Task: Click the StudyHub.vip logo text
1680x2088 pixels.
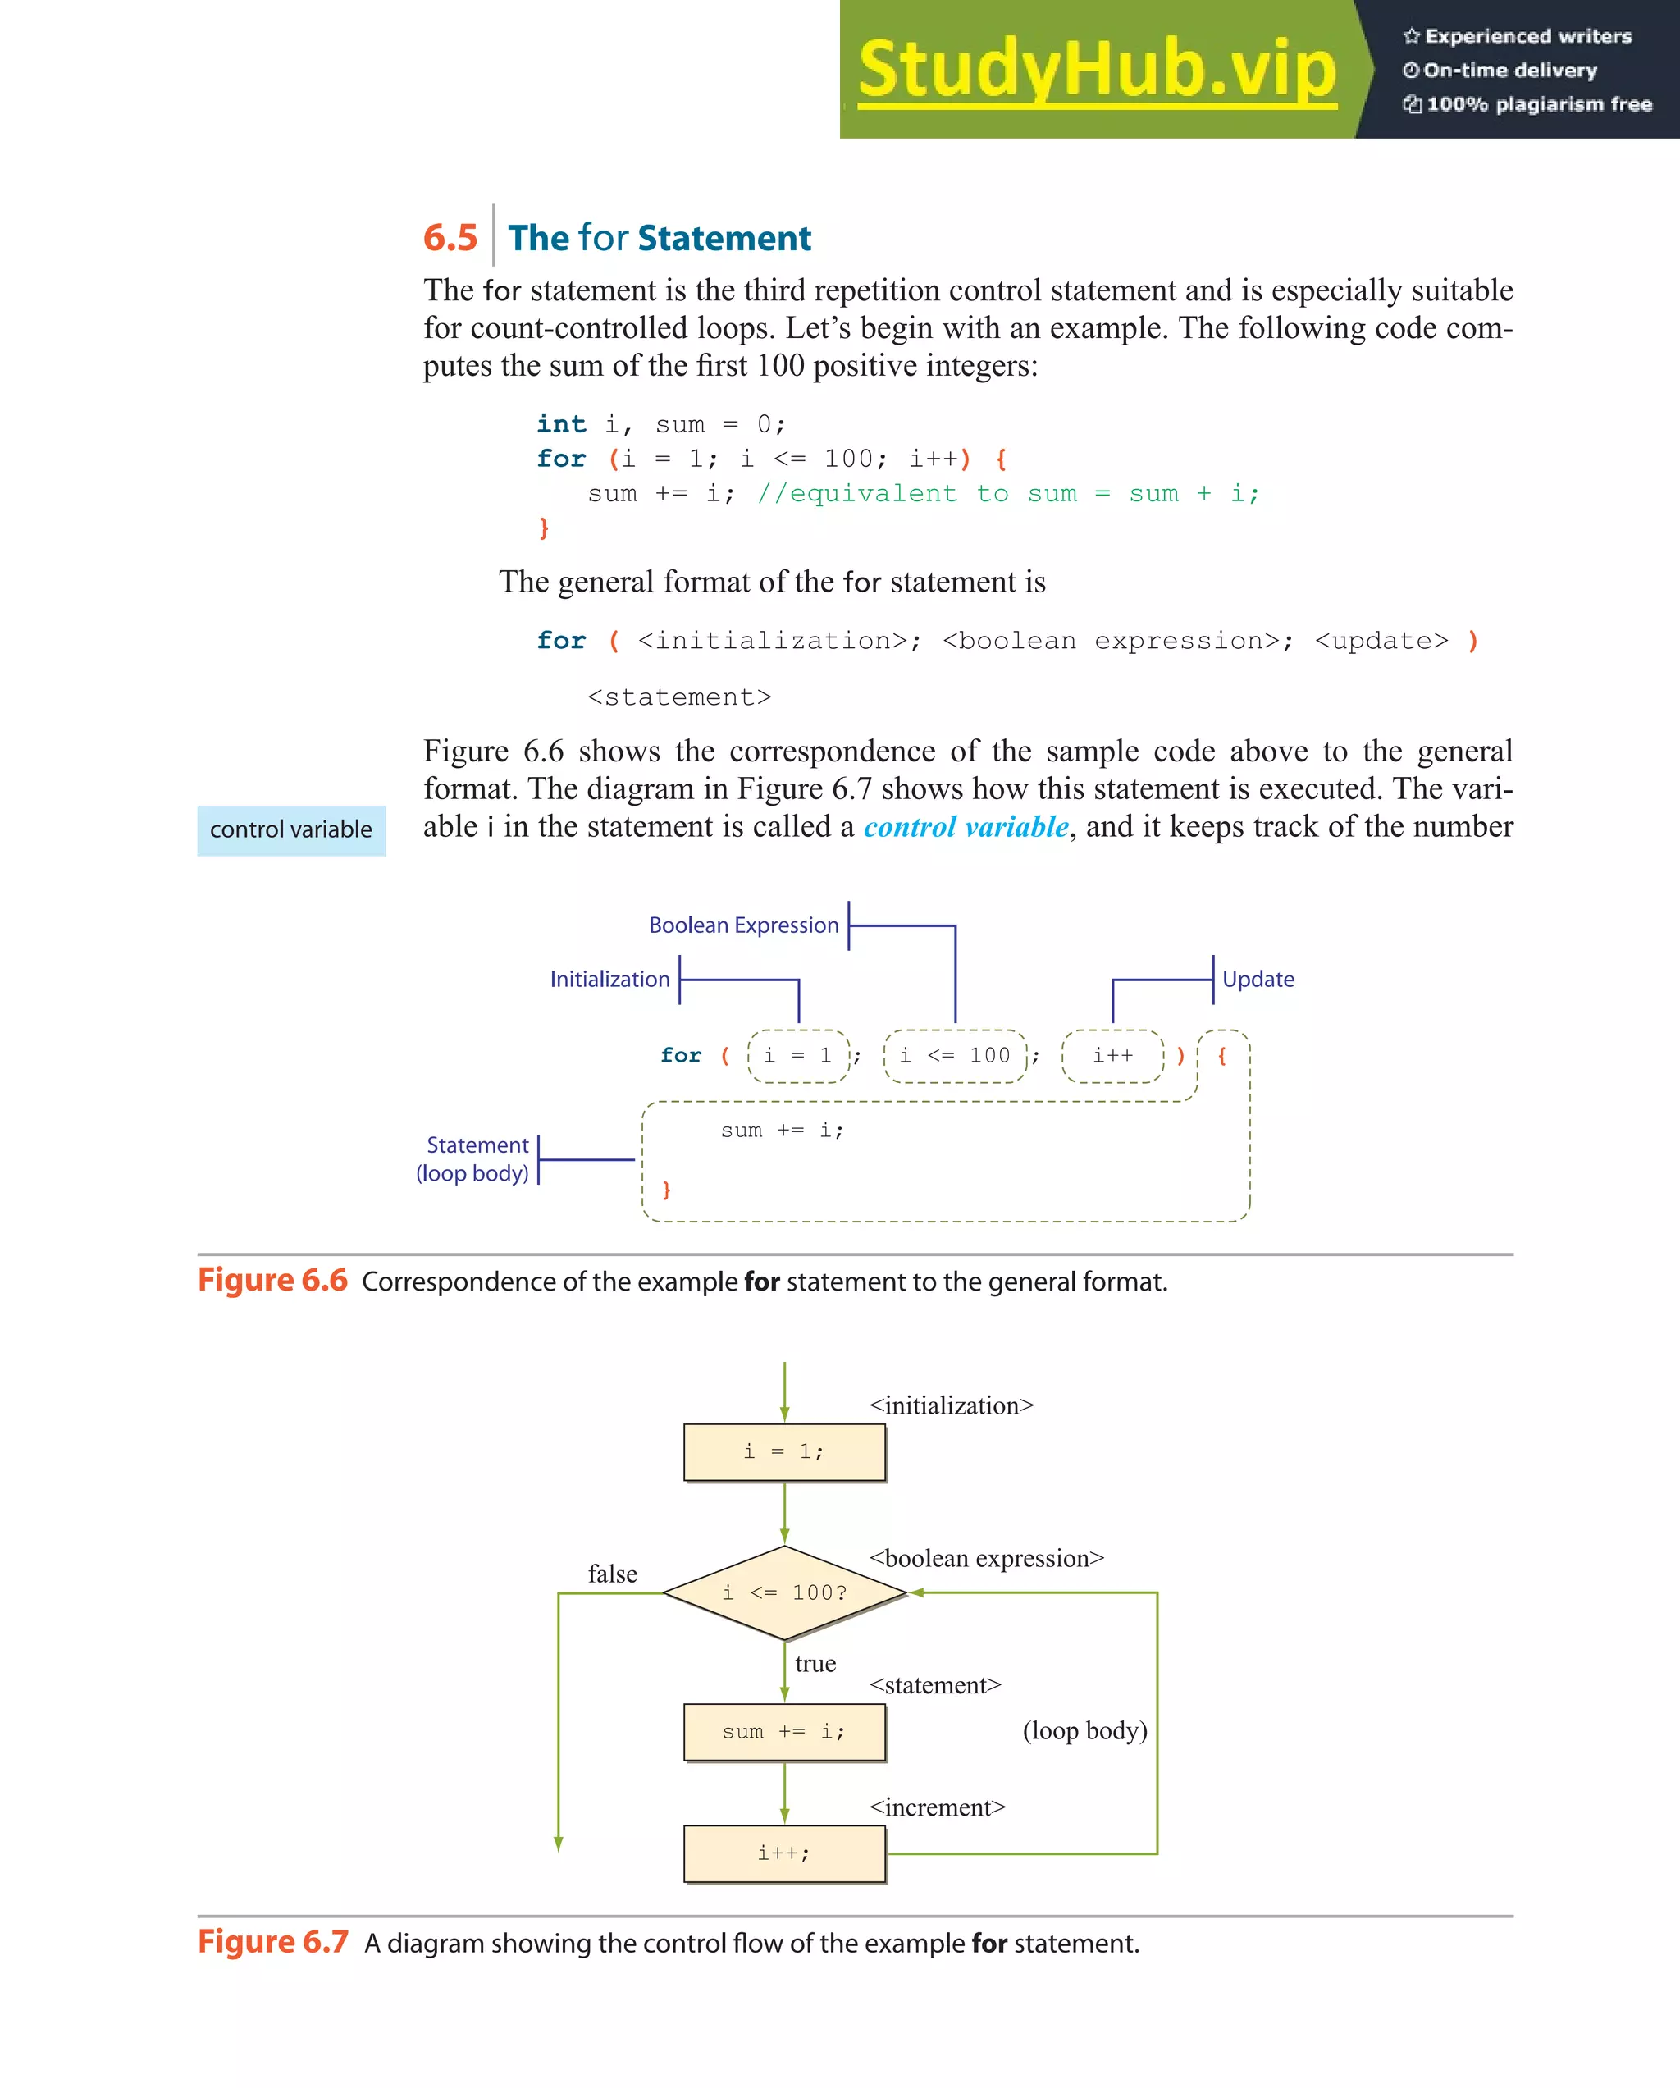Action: coord(1096,70)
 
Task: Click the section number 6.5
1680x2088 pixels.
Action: coord(450,238)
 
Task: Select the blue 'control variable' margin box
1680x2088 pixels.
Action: coord(291,830)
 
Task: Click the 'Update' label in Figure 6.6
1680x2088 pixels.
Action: coord(1258,979)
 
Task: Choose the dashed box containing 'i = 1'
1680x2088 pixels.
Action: coord(798,1056)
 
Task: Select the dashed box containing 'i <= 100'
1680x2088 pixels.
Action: coord(955,1056)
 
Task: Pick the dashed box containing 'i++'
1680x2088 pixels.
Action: coord(1112,1056)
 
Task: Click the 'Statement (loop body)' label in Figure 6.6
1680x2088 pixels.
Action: coord(474,1159)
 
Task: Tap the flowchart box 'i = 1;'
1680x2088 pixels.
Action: coord(784,1451)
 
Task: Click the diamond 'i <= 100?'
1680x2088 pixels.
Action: coord(784,1593)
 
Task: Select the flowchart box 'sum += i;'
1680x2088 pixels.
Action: coord(784,1732)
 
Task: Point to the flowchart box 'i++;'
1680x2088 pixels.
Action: coord(784,1853)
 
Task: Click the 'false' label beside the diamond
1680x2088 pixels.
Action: coord(612,1574)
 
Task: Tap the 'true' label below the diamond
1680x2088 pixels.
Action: coord(815,1664)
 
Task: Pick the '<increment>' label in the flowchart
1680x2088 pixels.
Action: coord(938,1807)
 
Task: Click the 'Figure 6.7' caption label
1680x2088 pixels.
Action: coord(273,1943)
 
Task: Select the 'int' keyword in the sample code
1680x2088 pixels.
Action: coord(562,424)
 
